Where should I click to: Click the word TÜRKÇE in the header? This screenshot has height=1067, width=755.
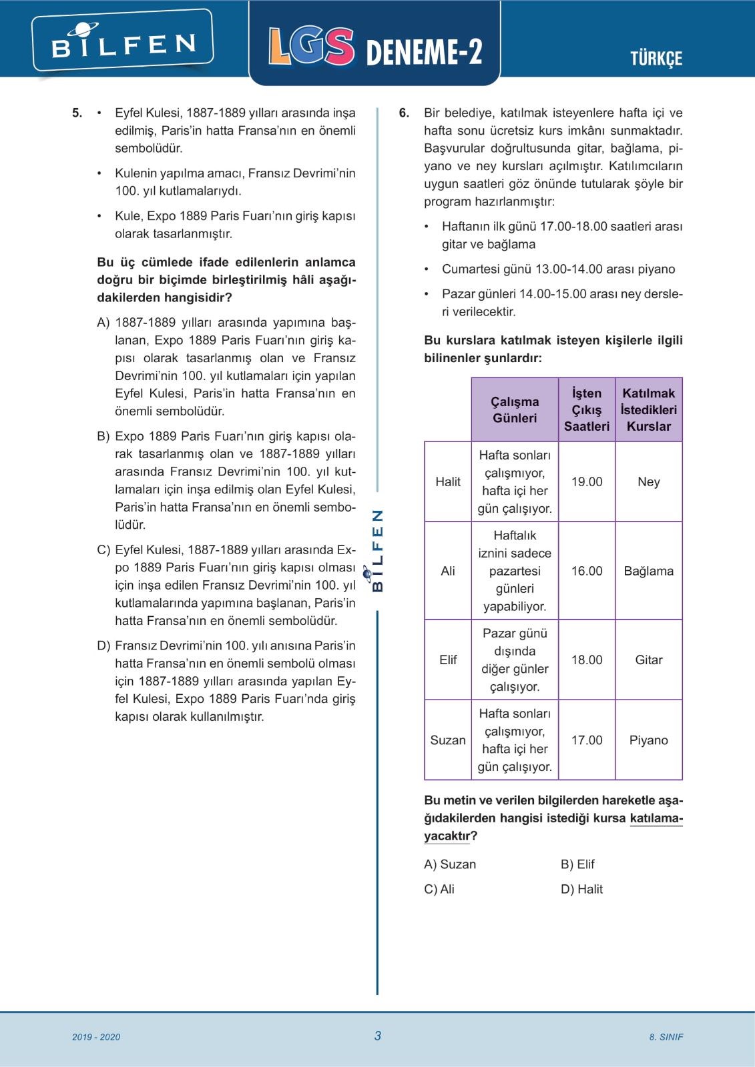pos(656,59)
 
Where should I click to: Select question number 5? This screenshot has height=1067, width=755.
pos(77,113)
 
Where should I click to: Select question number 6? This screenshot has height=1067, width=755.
pos(404,113)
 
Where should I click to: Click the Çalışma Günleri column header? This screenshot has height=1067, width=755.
pos(515,409)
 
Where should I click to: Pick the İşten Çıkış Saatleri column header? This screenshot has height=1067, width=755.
pos(587,409)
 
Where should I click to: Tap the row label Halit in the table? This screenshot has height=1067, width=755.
pos(448,481)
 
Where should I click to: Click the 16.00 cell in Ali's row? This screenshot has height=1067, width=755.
pos(587,571)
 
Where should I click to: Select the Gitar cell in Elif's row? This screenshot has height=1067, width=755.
pos(648,660)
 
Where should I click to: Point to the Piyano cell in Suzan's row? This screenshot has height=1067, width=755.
pos(648,740)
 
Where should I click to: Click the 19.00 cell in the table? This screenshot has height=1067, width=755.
pos(587,481)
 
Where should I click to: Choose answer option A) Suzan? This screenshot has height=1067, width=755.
pos(450,864)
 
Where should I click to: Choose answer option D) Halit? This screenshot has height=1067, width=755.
pos(581,889)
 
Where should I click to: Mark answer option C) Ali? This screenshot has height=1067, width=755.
pos(439,889)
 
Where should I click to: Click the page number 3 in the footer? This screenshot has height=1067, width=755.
pos(378,1036)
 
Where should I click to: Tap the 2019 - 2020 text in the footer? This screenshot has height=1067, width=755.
pos(96,1037)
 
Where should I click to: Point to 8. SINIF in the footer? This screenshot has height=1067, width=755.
pos(666,1037)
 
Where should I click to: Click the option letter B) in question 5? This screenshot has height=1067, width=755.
pos(103,436)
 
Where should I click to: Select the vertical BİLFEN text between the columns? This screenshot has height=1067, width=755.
pos(377,551)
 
